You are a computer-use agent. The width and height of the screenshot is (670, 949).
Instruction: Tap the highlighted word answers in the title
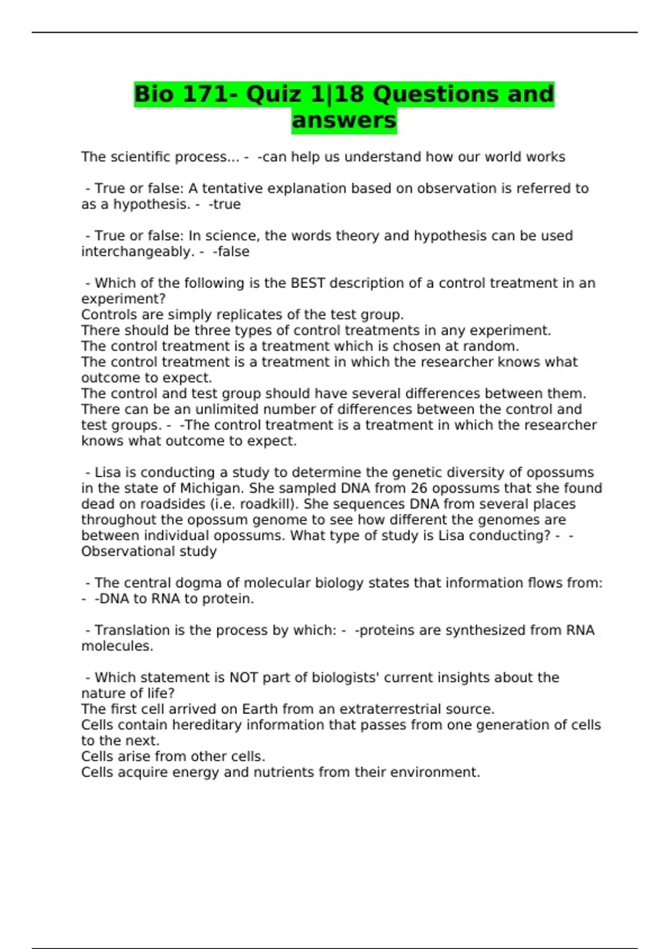[x=344, y=121]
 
